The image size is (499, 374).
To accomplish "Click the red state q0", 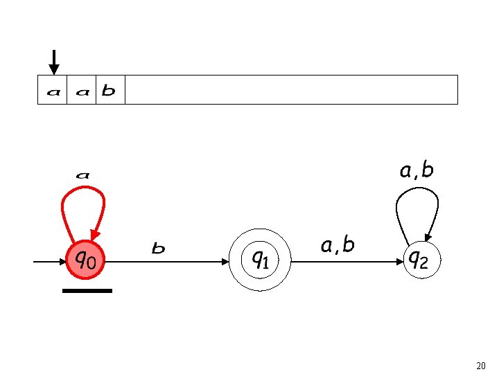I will point(85,260).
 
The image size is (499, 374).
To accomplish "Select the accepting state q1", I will point(260,260).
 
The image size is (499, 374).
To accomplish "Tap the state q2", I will point(417,260).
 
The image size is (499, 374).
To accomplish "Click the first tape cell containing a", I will point(53,90).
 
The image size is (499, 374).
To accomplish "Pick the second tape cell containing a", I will point(81,90).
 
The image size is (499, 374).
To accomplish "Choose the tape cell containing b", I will point(109,90).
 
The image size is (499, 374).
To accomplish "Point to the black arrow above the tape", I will point(54,61).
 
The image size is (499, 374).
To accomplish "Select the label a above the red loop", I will point(82,175).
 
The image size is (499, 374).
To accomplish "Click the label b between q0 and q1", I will point(159,248).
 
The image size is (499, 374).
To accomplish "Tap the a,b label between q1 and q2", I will point(338,244).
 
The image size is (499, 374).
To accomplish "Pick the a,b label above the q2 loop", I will point(417,170).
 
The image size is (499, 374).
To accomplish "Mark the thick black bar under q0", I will point(87,291).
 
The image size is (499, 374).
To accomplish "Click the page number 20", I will point(481,365).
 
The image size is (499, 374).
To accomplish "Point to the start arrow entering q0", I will point(49,262).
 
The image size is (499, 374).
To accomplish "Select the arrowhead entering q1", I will point(225,262).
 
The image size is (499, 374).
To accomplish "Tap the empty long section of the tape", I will point(291,90).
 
